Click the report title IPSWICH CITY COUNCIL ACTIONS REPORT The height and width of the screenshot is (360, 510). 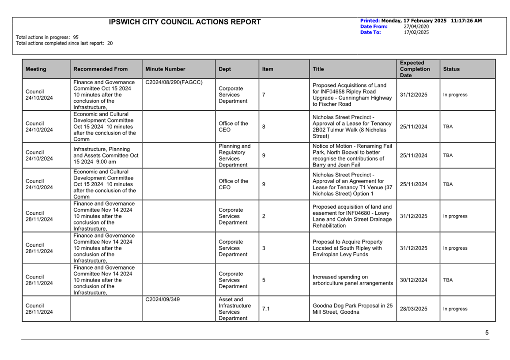tap(185, 22)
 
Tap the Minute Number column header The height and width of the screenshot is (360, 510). tap(165, 69)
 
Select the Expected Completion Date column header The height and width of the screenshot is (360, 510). tap(415, 69)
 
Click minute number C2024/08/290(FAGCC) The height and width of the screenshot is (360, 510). tap(174, 82)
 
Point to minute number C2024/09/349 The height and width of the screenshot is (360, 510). tap(163, 300)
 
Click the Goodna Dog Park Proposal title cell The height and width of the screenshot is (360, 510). tap(352, 309)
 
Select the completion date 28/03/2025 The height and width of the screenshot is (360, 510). tap(413, 309)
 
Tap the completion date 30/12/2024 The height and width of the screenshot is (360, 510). tap(413, 280)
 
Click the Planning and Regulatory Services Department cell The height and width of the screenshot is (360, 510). tap(234, 155)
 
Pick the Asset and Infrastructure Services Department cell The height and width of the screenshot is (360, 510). tap(234, 309)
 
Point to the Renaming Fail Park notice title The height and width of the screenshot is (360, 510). tap(352, 155)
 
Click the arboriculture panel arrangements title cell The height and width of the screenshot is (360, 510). tap(352, 280)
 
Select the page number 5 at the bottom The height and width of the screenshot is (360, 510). tap(487, 333)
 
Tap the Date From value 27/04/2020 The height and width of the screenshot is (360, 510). tap(416, 26)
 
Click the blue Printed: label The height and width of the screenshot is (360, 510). tap(370, 21)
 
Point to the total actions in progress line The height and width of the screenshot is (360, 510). tap(47, 37)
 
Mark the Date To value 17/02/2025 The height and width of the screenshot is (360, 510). tap(416, 32)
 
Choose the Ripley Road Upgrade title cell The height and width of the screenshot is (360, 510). tap(352, 95)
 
